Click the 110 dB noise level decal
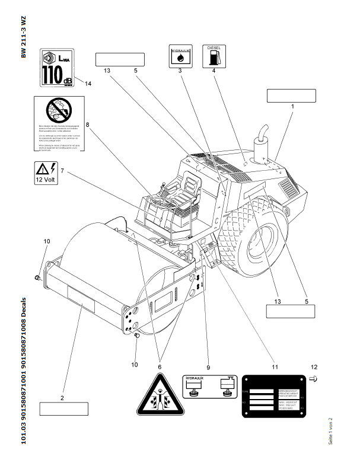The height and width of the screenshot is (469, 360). (58, 68)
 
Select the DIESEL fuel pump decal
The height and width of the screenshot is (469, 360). (214, 56)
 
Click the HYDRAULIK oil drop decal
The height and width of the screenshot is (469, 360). (180, 56)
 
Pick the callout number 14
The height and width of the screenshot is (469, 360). (88, 84)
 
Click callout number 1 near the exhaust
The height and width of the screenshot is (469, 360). (292, 106)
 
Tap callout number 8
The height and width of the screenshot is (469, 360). (87, 125)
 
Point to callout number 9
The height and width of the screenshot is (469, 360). (208, 358)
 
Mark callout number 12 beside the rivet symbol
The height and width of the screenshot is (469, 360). (314, 367)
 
